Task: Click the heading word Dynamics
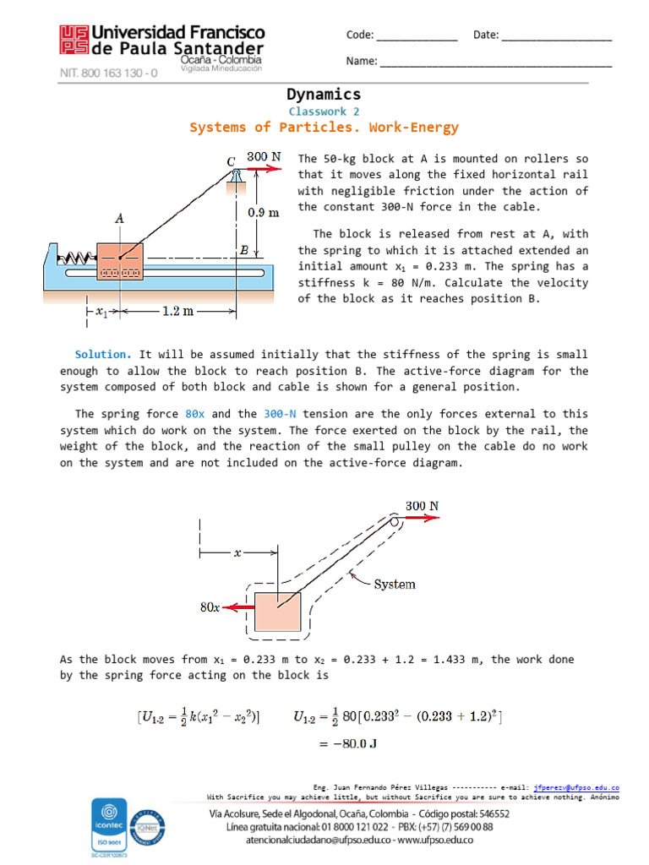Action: [324, 95]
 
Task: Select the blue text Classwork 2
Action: [324, 112]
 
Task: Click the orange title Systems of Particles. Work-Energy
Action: [324, 128]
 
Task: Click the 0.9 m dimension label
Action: [263, 213]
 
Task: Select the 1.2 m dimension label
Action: [177, 311]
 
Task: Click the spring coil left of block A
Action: [77, 255]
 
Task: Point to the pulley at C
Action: [237, 173]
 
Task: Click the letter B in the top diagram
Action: [244, 251]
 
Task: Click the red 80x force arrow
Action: [238, 607]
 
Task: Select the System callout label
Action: [395, 584]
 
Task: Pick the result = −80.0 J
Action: [346, 744]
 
